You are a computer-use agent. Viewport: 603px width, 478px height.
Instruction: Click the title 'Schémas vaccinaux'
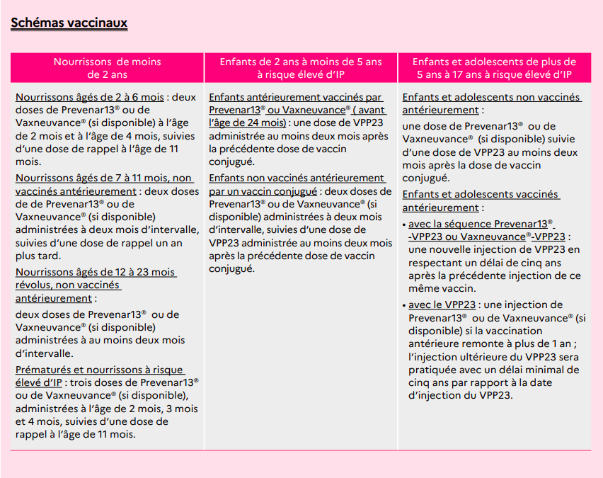[x=69, y=23]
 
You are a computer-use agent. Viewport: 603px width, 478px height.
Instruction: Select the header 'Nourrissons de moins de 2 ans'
[x=107, y=67]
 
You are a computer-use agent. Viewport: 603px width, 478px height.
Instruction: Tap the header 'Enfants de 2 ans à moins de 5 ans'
[x=300, y=62]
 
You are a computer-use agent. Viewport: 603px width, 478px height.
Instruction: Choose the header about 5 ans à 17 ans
[x=493, y=67]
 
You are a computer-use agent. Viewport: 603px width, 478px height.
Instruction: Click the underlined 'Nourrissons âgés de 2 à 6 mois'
[x=90, y=97]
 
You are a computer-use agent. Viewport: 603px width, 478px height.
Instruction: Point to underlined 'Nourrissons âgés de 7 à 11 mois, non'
[x=103, y=178]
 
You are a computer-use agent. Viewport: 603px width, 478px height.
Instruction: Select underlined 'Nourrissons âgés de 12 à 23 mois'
[x=96, y=273]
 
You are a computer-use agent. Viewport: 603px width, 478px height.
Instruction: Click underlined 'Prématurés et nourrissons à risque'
[x=99, y=370]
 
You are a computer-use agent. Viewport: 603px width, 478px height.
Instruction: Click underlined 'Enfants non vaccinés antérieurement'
[x=297, y=178]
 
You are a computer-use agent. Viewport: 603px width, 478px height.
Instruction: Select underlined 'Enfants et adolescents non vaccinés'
[x=490, y=97]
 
